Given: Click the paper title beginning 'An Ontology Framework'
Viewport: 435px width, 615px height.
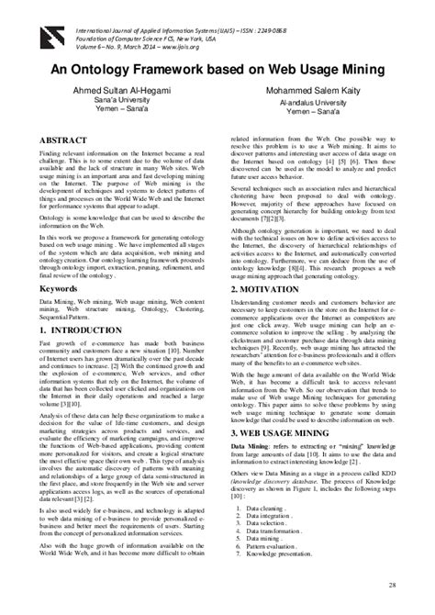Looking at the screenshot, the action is tap(217, 70).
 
